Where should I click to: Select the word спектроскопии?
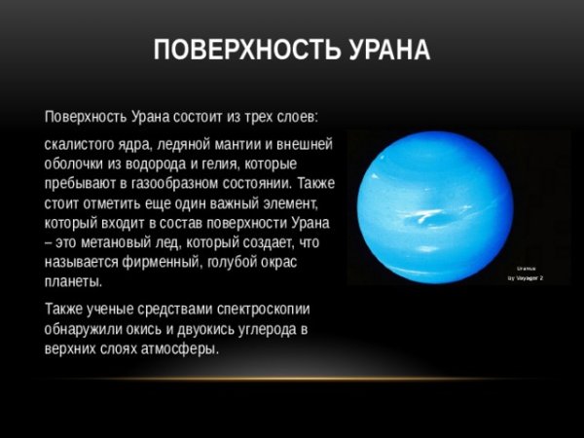[x=262, y=310]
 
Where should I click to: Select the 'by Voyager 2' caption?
[x=524, y=278]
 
